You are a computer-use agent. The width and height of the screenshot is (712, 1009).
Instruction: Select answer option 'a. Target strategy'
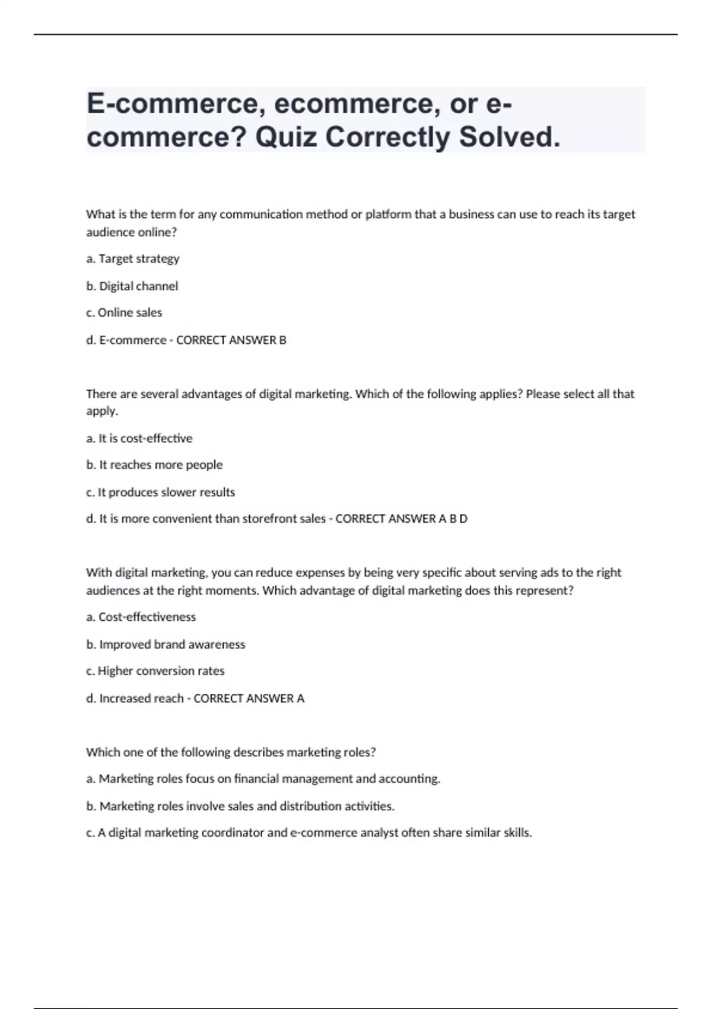pos(133,259)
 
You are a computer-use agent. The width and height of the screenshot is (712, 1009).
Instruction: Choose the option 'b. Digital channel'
pos(132,286)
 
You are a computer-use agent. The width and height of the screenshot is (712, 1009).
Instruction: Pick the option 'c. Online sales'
pos(124,313)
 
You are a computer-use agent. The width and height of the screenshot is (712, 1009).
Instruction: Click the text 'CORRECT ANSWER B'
pos(231,340)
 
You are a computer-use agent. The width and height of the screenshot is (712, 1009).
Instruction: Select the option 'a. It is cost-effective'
pos(139,439)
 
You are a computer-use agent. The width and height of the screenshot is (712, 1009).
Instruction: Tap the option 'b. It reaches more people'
pos(154,465)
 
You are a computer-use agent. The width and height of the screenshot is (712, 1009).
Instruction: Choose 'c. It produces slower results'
pos(161,492)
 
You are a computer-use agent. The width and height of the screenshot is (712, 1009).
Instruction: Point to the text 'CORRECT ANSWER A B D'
pos(402,519)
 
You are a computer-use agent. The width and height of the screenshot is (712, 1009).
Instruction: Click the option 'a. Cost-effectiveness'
pos(141,617)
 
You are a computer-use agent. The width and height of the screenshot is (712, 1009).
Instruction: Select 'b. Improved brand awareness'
pos(166,645)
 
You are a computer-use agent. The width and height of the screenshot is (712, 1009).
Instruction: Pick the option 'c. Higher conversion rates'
pos(155,671)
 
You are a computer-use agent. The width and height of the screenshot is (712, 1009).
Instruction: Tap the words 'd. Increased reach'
pos(135,699)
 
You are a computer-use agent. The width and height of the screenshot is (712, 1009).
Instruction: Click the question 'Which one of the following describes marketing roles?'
pos(231,753)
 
